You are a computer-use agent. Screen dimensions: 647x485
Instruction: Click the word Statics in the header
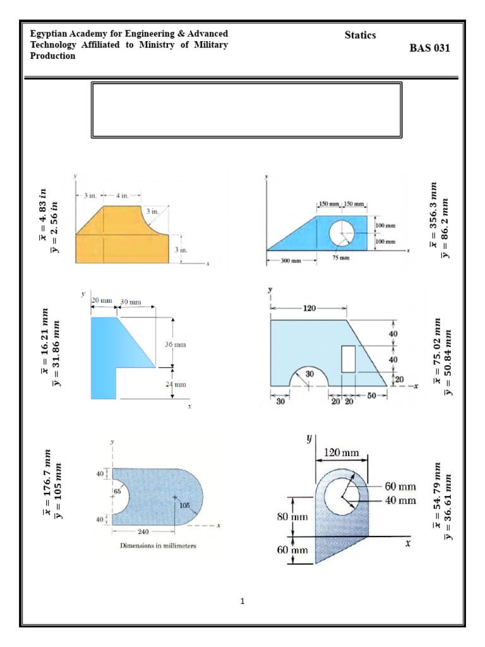[360, 35]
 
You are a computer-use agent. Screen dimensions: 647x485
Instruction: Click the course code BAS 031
[430, 48]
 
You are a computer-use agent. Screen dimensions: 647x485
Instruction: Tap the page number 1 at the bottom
[242, 601]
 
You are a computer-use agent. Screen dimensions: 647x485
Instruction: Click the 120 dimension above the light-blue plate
[309, 309]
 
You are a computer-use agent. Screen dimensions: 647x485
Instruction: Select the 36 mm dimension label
[176, 345]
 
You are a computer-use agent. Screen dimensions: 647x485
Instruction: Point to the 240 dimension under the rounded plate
[142, 531]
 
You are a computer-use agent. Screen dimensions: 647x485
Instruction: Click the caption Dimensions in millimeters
[158, 546]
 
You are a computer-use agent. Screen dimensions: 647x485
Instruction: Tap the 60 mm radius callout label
[400, 487]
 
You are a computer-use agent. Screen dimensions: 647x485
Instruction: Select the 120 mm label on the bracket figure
[342, 452]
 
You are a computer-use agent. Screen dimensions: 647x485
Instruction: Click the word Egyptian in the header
[49, 33]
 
